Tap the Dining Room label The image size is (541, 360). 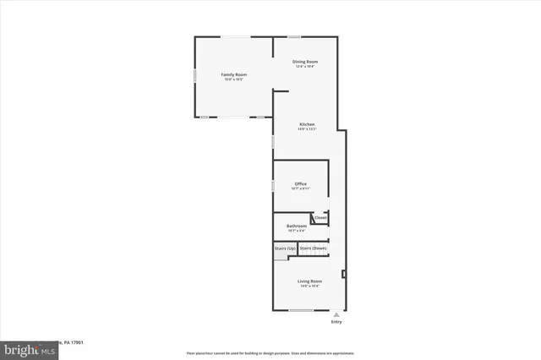click(305, 62)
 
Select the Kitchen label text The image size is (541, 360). click(307, 125)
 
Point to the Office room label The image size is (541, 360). click(300, 183)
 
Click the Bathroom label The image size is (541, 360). click(296, 226)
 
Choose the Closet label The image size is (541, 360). click(320, 218)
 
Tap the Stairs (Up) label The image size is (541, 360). click(285, 248)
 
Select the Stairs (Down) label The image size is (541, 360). click(313, 248)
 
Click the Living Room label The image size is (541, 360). click(309, 281)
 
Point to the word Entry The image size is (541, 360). click(336, 322)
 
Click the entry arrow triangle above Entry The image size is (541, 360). click(336, 314)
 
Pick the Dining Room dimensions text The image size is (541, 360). click(305, 67)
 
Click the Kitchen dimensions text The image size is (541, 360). click(307, 130)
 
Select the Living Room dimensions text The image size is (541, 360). click(309, 286)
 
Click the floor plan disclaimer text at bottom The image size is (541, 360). click(270, 352)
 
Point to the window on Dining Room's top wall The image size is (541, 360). click(294, 36)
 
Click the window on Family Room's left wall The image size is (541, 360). click(195, 76)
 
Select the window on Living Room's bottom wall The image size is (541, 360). click(301, 310)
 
